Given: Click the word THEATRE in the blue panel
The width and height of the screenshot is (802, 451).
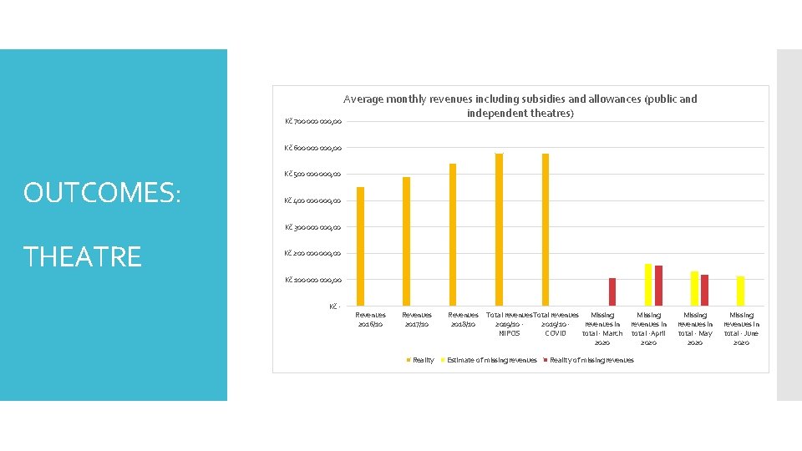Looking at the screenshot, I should [x=82, y=256].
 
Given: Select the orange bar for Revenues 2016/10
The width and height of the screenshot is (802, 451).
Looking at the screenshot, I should [x=361, y=246].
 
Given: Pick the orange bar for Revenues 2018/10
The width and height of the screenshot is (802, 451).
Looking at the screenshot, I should [x=453, y=235].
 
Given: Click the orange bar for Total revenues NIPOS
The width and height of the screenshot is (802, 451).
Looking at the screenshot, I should [x=499, y=230].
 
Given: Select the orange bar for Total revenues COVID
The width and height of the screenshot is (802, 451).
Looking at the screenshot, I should [x=546, y=230].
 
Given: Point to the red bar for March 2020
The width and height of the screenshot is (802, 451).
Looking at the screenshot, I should [x=612, y=291].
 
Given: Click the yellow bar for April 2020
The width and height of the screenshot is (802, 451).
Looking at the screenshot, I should [x=648, y=285].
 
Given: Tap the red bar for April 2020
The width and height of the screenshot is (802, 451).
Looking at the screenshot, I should [x=658, y=286].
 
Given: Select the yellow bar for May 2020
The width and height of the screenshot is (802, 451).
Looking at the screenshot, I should [x=694, y=288].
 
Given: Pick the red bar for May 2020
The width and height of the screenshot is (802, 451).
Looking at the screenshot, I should [x=704, y=290].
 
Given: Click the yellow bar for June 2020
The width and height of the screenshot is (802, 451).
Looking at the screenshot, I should [x=740, y=291].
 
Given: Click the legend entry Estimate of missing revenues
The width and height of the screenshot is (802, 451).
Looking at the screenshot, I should [x=491, y=360].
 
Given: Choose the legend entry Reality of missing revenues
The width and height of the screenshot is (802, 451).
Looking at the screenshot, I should [x=591, y=360].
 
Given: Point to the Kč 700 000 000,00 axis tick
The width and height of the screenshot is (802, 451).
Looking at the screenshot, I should [x=312, y=122].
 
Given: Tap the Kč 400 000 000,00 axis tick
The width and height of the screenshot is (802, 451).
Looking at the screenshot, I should [x=312, y=200].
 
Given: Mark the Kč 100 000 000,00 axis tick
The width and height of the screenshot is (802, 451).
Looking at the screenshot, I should [x=312, y=280].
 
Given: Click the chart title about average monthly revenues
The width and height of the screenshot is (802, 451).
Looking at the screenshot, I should [x=520, y=105].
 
